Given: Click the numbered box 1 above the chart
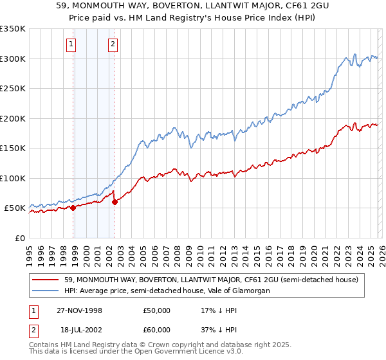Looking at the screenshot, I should click(x=70, y=44).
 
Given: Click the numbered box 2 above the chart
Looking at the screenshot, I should click(x=113, y=44).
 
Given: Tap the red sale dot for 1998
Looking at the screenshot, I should click(x=73, y=208).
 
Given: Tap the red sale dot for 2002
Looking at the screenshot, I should click(x=115, y=202).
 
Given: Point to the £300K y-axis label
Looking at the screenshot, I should click(x=12, y=59).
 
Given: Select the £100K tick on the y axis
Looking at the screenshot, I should click(x=12, y=178).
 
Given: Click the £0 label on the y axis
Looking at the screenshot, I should click(x=19, y=238).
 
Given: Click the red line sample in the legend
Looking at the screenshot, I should click(x=45, y=280).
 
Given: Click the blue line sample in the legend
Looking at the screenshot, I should click(x=45, y=291).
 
